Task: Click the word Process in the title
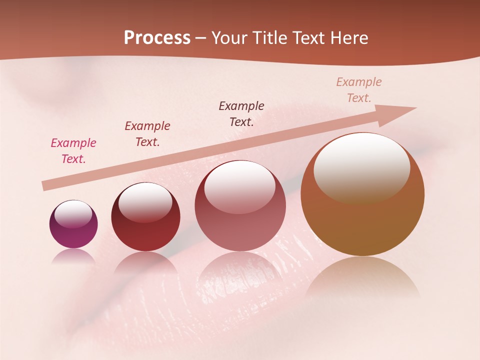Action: point(157,38)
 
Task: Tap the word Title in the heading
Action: point(270,38)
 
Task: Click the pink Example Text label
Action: point(73,150)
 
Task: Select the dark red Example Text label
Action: point(147,133)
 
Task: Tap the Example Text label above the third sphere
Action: point(241,113)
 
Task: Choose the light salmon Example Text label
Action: point(359,89)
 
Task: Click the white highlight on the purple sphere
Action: point(73,213)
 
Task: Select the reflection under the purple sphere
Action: point(73,255)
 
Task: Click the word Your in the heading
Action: point(229,38)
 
